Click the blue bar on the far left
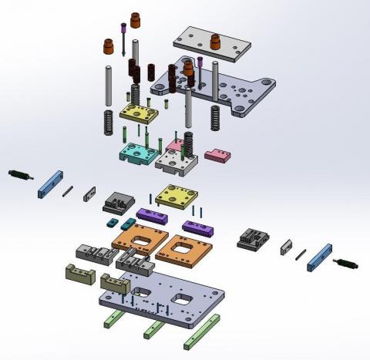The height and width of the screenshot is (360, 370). point(49,183)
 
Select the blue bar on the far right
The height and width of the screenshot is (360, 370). point(319,257)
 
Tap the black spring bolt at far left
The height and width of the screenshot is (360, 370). point(21,175)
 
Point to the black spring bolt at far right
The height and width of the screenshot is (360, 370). point(348,264)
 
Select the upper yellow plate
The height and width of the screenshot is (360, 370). point(140,113)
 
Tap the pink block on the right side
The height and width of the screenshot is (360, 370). point(217,156)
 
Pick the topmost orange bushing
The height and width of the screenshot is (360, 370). point(136,19)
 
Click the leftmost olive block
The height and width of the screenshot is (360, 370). point(78,273)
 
